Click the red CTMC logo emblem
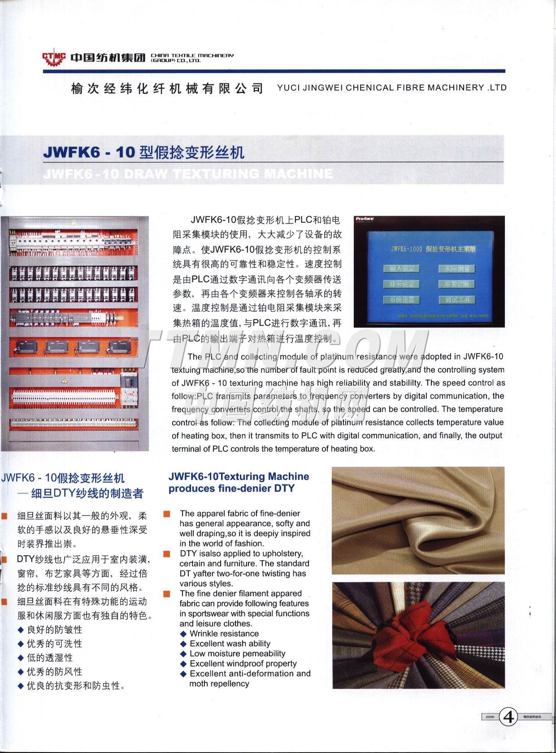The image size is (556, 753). pos(54,57)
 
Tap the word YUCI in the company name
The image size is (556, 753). pos(288,88)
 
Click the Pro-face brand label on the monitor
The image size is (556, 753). pos(365,219)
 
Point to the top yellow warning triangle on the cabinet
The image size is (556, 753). pos(74,222)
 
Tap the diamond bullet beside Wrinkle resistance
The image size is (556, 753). pos(183,634)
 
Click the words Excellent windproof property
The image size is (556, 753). pos(243,663)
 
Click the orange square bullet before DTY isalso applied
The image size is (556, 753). pos(167,554)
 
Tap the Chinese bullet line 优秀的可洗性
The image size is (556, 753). pos(54,644)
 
